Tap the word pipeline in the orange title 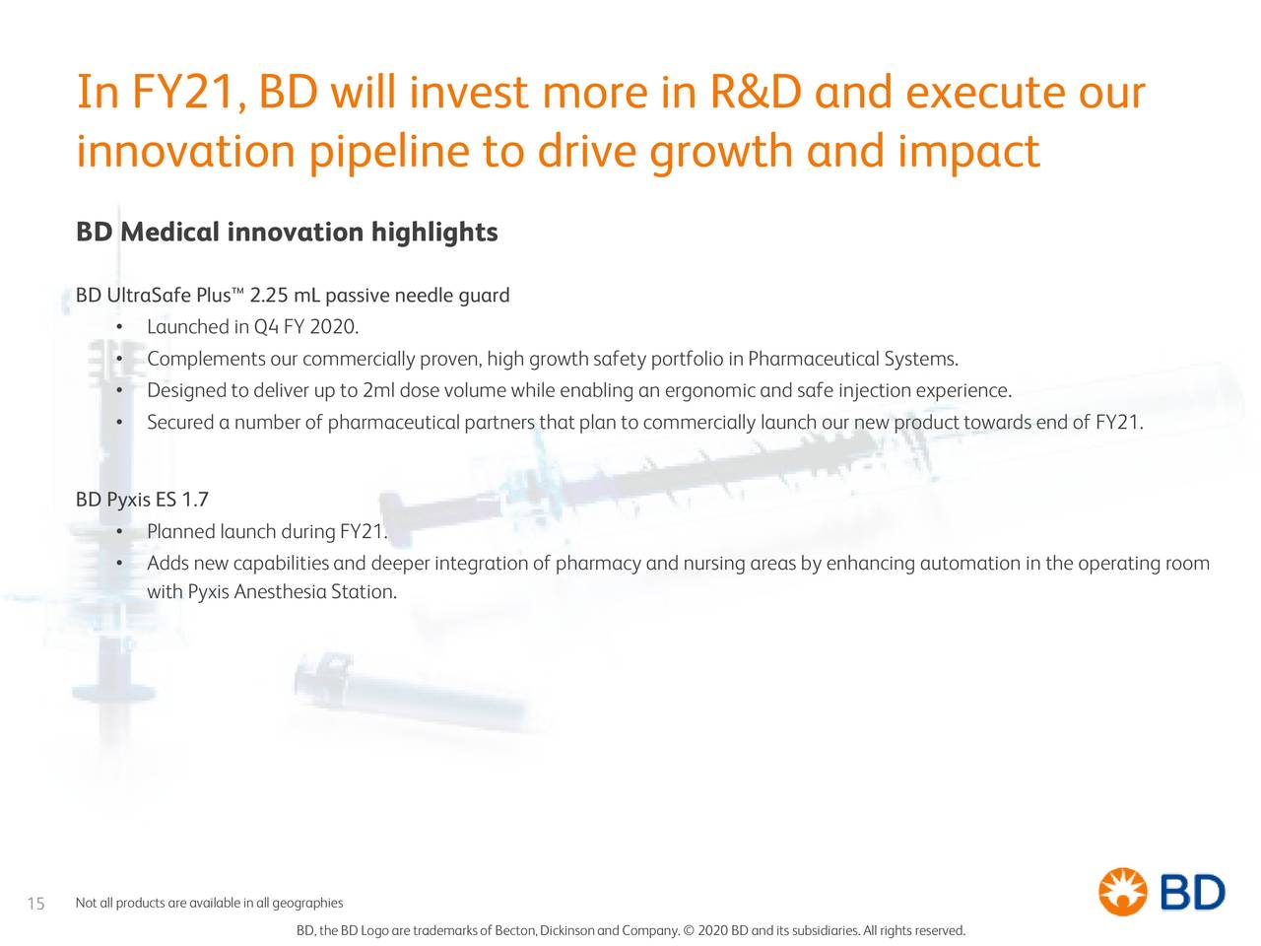(387, 153)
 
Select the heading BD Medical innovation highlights (287, 233)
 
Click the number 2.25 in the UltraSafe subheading (270, 296)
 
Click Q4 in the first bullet (265, 327)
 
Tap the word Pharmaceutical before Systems (814, 359)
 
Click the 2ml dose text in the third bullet (399, 391)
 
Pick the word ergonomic (709, 391)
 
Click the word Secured (180, 423)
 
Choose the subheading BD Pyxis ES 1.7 (142, 500)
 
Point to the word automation (970, 564)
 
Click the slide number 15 (35, 905)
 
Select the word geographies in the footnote (307, 904)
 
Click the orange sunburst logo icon (1123, 892)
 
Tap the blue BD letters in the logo (1193, 893)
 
